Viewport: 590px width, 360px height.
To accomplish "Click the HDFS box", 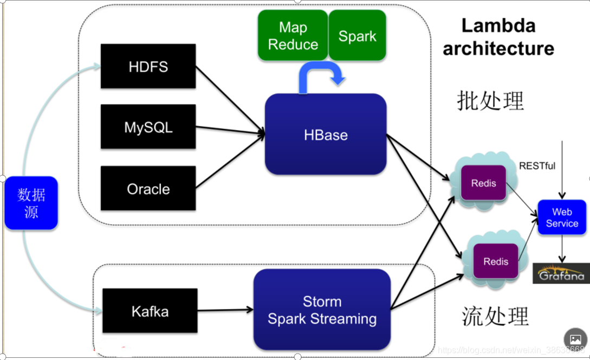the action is [x=148, y=66].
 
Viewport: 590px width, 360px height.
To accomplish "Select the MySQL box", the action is [x=148, y=126].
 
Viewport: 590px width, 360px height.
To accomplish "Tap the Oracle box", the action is [x=148, y=188].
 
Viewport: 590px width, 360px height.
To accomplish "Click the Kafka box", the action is [x=150, y=311].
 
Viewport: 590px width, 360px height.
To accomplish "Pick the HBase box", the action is [x=326, y=134].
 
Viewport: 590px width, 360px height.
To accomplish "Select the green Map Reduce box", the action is [x=293, y=35].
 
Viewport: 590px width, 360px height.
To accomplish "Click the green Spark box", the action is [x=358, y=35].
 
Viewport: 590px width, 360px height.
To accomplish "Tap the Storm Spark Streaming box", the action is [x=322, y=310].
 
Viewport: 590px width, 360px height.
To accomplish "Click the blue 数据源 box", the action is [x=31, y=203].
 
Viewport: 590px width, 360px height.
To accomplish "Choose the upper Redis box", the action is [x=483, y=183].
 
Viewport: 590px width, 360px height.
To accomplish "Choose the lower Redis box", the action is [x=496, y=261].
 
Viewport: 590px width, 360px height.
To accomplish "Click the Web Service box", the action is [x=562, y=217].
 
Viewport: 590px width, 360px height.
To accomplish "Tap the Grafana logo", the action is [x=561, y=273].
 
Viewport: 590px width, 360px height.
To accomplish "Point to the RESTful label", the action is [x=537, y=166].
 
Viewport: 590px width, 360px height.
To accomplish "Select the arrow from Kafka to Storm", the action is [x=225, y=310].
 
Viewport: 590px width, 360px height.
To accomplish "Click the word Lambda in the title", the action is [x=498, y=25].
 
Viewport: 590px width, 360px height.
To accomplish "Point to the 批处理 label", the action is [x=490, y=100].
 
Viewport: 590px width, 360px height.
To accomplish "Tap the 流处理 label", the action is [x=495, y=316].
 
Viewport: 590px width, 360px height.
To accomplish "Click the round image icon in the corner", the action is [x=575, y=339].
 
